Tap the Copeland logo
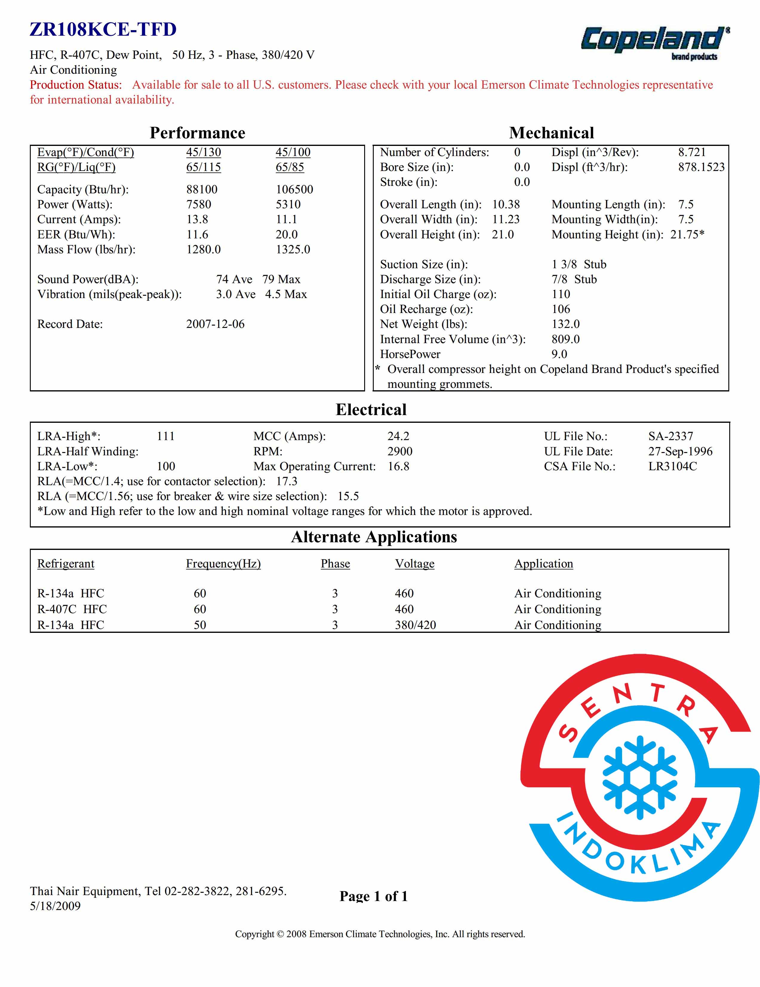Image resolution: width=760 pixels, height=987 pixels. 654,42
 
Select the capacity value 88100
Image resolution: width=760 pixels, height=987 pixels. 202,189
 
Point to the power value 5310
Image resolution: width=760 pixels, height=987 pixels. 288,204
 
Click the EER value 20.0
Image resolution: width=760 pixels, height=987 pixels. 287,234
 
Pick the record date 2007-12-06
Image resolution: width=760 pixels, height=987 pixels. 215,324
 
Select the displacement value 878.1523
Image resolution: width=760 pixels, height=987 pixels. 701,167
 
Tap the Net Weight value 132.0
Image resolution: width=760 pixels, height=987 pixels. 565,324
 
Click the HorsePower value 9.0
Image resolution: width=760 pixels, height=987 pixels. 559,354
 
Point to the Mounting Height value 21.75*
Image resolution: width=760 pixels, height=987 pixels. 687,234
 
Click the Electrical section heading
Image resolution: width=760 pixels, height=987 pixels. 371,409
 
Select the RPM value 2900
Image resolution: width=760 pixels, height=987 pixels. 400,451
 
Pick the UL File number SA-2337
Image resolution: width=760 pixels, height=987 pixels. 670,436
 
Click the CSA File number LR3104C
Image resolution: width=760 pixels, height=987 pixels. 672,466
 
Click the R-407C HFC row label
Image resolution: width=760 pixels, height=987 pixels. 72,609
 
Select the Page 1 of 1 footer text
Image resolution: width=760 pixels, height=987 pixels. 373,896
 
